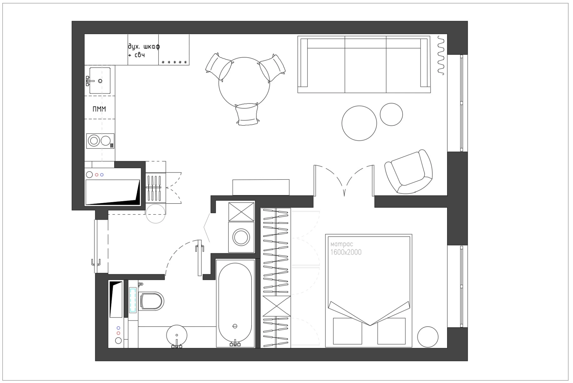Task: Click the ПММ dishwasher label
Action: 99,109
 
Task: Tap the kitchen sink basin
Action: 100,81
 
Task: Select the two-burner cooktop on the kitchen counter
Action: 100,141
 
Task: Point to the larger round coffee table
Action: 359,123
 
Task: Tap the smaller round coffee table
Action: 391,114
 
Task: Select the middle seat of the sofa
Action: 365,64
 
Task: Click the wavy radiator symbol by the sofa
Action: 441,55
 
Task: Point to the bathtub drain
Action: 235,326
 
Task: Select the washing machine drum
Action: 241,237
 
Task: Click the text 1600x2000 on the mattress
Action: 346,252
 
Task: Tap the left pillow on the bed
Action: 347,331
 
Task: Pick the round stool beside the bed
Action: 428,337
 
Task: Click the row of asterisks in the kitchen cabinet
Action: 175,62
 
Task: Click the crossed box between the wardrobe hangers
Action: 277,306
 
